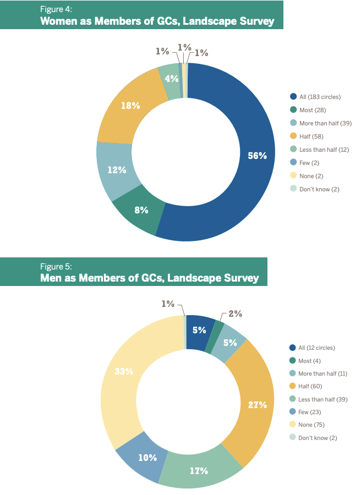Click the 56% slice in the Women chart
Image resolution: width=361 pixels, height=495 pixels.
(257, 156)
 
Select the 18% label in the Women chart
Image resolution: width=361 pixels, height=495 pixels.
(130, 105)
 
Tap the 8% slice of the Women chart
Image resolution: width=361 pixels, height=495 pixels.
(141, 210)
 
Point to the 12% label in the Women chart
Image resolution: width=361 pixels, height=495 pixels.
(117, 170)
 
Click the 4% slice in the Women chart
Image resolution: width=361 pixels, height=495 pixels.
(171, 79)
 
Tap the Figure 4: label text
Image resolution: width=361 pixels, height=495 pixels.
(56, 9)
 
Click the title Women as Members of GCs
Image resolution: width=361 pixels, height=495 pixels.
(157, 22)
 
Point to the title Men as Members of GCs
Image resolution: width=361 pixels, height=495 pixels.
(149, 278)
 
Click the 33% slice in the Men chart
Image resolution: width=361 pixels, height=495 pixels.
(124, 371)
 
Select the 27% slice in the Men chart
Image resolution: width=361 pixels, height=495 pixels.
(257, 405)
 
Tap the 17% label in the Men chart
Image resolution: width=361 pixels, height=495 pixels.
(199, 471)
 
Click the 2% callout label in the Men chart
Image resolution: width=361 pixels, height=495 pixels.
(235, 314)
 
